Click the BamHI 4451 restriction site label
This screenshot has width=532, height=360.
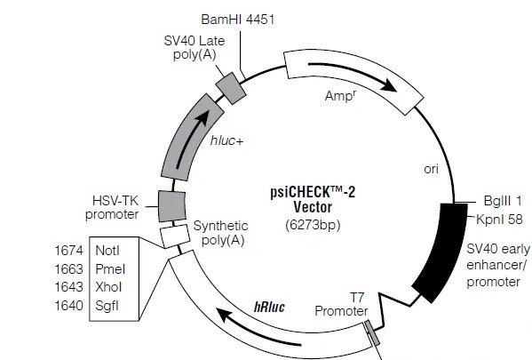click(x=237, y=20)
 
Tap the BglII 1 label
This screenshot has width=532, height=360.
click(x=503, y=201)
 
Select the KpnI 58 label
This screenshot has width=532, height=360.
click(x=499, y=219)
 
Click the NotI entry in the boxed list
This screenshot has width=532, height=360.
click(x=107, y=251)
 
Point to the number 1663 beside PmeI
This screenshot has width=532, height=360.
click(x=69, y=269)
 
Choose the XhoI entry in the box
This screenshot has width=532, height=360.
click(x=108, y=287)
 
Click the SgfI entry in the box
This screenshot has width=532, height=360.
click(x=107, y=306)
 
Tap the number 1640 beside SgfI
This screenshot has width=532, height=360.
click(x=69, y=305)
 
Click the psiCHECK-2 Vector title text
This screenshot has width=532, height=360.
click(x=313, y=199)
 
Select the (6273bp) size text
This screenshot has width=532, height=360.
click(x=313, y=225)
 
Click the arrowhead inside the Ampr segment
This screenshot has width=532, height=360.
click(x=388, y=84)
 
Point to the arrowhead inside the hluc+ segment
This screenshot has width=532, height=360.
click(x=202, y=117)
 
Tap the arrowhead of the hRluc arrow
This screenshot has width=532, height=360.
click(x=225, y=316)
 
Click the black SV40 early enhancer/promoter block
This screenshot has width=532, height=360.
click(x=440, y=253)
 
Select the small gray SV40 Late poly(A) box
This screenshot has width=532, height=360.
click(x=231, y=88)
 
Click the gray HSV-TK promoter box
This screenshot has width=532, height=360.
click(x=172, y=206)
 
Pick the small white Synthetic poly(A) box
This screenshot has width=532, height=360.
click(x=175, y=236)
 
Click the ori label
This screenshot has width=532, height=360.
click(x=432, y=169)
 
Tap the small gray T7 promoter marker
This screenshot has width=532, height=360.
click(x=372, y=332)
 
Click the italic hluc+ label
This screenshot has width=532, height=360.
click(x=226, y=140)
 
